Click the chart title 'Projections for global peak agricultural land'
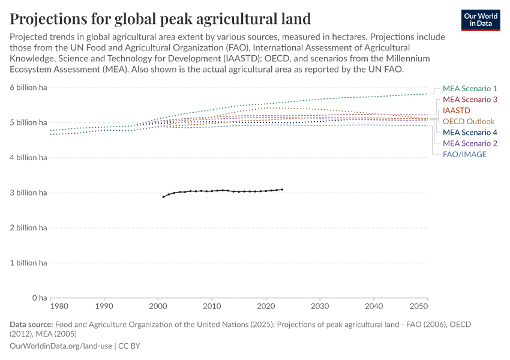[x=160, y=18]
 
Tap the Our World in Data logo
[x=480, y=19]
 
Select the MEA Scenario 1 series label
[x=470, y=89]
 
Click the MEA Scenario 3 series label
[x=470, y=100]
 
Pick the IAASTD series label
[x=457, y=111]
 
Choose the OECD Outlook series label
[x=469, y=122]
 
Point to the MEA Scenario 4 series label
[x=470, y=133]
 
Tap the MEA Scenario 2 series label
[x=470, y=143]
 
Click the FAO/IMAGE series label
[x=464, y=154]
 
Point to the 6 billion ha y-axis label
[x=28, y=88]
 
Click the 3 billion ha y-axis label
[x=28, y=193]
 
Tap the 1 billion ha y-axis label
[x=28, y=263]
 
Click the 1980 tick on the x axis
[x=50, y=307]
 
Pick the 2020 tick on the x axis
[x=266, y=307]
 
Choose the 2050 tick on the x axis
[x=427, y=307]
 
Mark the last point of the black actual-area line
[x=282, y=190]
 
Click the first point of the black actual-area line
[x=163, y=197]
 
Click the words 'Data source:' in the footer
[x=31, y=325]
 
